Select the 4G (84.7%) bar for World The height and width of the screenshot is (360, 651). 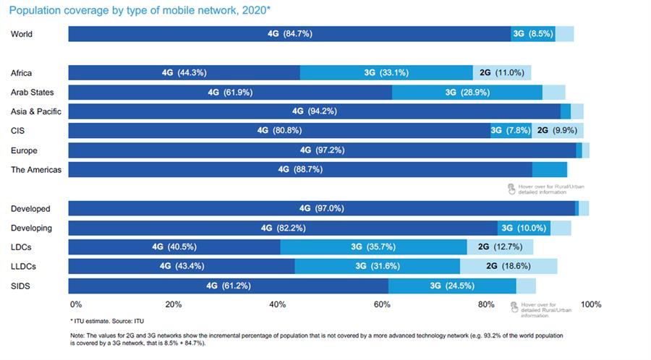pos(290,34)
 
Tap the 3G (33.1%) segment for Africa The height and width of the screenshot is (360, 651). pos(386,72)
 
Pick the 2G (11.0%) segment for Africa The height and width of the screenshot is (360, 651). pos(502,72)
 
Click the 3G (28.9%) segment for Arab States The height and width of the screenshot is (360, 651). pos(467,93)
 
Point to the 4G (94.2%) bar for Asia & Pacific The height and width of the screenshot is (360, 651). pos(315,111)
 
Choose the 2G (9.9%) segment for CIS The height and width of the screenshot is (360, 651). pos(558,131)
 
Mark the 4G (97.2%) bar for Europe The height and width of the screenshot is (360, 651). pos(322,150)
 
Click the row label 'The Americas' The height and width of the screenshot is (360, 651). pos(36,170)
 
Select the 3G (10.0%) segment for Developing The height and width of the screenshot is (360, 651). pos(524,228)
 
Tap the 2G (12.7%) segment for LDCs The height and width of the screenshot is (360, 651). pos(501,247)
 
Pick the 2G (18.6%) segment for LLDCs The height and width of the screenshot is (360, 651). pos(509,266)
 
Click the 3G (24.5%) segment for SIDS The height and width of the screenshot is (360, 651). pos(452,286)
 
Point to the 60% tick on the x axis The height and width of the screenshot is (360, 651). pos(382,304)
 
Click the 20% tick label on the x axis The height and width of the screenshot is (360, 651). pos(174,304)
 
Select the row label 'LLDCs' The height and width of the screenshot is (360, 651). pos(23,266)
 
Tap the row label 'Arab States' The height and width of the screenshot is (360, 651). pos(33,93)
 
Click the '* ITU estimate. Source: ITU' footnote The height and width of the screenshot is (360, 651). pos(107,321)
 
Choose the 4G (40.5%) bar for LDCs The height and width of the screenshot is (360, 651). pos(174,247)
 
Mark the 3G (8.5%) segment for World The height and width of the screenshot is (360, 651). pos(533,34)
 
